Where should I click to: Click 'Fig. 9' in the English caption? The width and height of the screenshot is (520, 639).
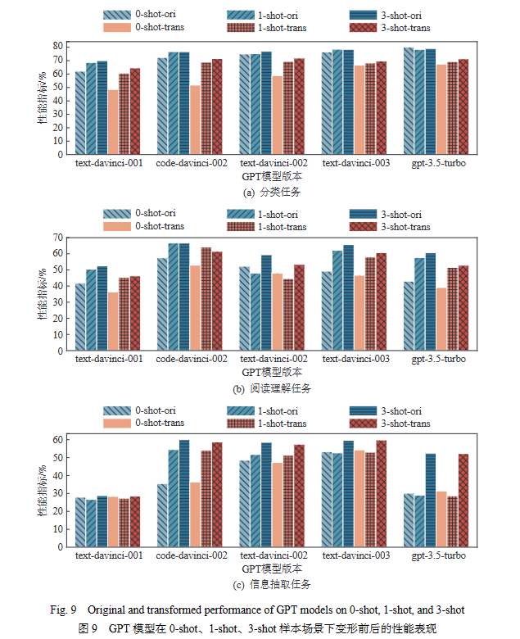click(x=61, y=610)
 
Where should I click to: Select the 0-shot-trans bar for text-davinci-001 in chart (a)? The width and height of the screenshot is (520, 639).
click(x=113, y=121)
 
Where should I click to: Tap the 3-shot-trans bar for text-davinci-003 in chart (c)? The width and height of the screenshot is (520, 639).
click(x=381, y=493)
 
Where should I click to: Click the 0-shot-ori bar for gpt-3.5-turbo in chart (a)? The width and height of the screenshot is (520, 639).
click(x=408, y=101)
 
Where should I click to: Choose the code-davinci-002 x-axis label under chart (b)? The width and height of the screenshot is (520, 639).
click(x=191, y=360)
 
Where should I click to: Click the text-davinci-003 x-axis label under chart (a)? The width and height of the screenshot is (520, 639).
click(x=355, y=163)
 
